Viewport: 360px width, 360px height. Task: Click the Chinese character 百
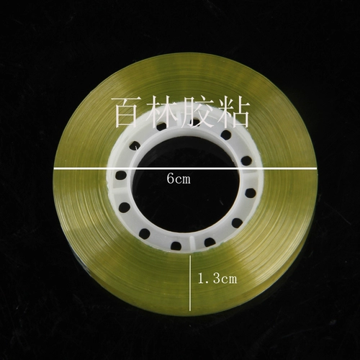point(129,112)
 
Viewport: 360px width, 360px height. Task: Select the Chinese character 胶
point(197,112)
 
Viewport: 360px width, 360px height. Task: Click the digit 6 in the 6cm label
point(171,179)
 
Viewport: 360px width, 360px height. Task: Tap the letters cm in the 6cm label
point(183,180)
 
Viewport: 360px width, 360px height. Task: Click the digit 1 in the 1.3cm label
point(201,279)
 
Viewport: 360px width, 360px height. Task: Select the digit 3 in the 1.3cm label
point(216,279)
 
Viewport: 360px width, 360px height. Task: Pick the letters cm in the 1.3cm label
point(229,280)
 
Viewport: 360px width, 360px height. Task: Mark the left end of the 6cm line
point(53,168)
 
